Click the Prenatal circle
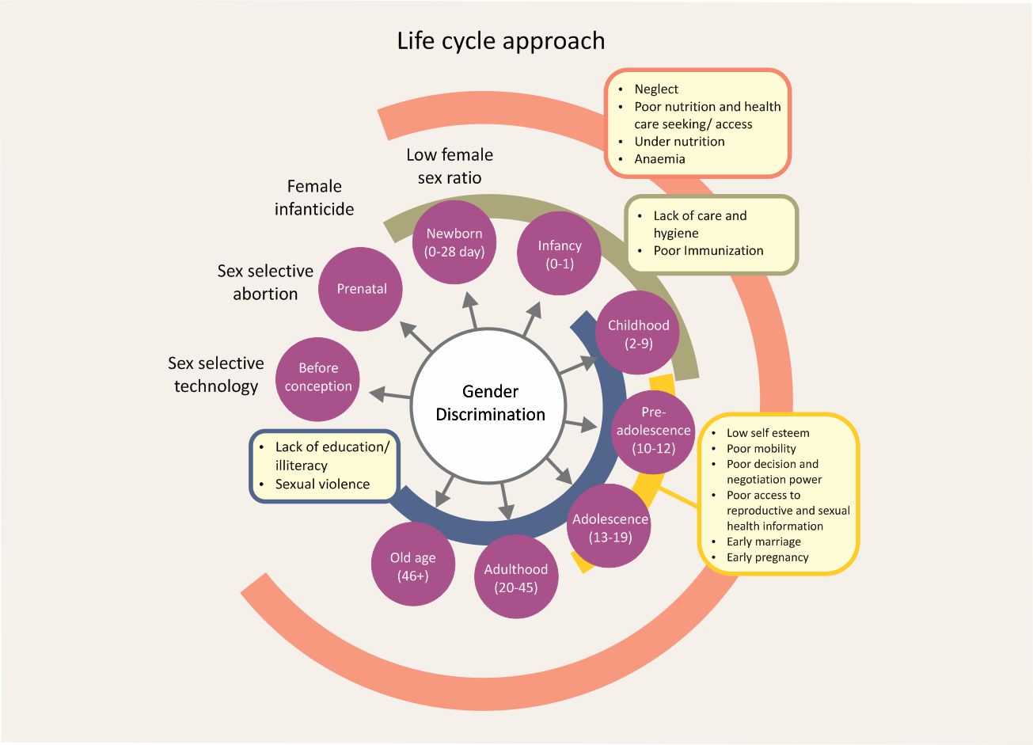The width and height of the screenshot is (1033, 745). (361, 289)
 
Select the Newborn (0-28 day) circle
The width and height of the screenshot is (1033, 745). (454, 242)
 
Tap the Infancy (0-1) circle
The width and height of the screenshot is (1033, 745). (559, 253)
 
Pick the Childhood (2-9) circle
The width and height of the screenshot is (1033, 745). (637, 333)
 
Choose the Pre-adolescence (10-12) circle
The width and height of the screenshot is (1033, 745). (653, 430)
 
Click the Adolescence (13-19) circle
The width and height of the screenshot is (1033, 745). (610, 527)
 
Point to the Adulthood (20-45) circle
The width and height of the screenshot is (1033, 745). (515, 577)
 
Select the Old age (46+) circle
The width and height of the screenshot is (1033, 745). (412, 565)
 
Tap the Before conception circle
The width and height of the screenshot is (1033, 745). (318, 378)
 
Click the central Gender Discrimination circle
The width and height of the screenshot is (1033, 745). (490, 403)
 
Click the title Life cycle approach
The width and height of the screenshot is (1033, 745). (500, 40)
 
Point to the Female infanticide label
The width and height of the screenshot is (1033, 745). (314, 197)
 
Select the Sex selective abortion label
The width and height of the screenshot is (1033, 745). (265, 282)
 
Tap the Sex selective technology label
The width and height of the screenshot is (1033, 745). (215, 374)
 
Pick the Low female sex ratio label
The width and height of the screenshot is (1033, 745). (450, 165)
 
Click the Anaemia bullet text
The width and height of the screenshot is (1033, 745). (659, 158)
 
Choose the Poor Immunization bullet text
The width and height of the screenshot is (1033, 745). (708, 250)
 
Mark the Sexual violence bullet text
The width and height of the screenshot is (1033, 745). (322, 484)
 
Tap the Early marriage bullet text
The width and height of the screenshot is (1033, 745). (763, 542)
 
